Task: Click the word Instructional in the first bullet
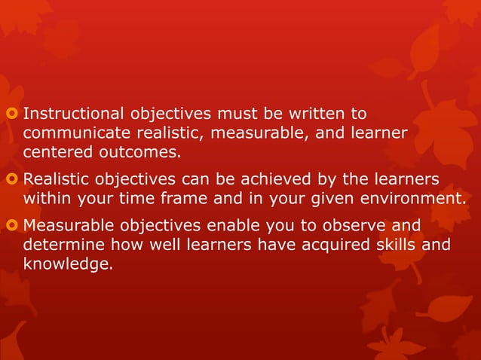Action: click(75, 114)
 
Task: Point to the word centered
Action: click(56, 152)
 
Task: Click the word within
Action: click(47, 199)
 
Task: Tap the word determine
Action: click(63, 246)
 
